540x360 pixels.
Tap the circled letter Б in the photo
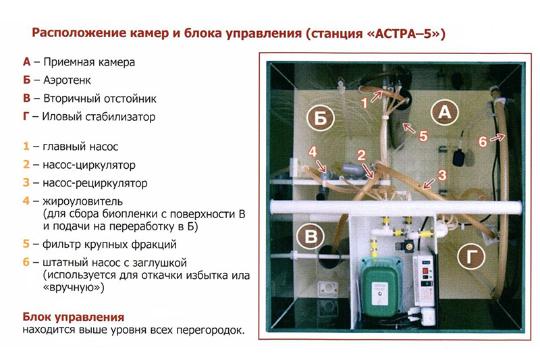click(x=322, y=120)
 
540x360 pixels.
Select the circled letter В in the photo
click(x=310, y=237)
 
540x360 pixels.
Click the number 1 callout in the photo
click(x=364, y=103)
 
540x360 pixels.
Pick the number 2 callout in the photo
click(x=362, y=154)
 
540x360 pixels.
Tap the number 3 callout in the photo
click(x=441, y=174)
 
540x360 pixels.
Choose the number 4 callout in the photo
click(x=313, y=153)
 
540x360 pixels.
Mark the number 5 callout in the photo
click(x=423, y=135)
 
